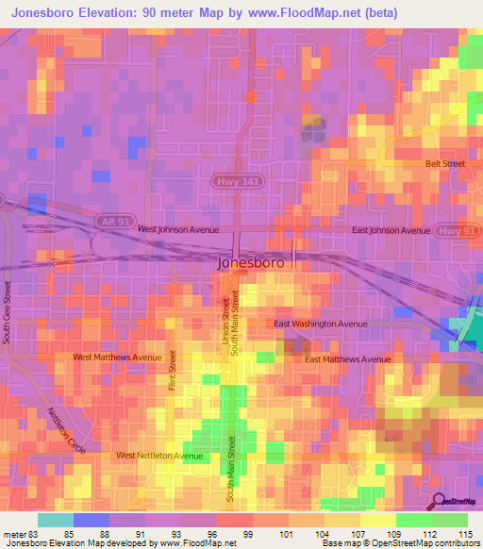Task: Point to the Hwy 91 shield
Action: pos(451,229)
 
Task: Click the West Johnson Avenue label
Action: pos(178,229)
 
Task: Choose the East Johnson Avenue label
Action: pos(390,229)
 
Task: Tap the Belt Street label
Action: pos(445,163)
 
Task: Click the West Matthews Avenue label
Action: pos(118,358)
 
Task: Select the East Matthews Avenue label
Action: pos(347,359)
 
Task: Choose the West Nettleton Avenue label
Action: pos(159,456)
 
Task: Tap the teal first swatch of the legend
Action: pos(55,520)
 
